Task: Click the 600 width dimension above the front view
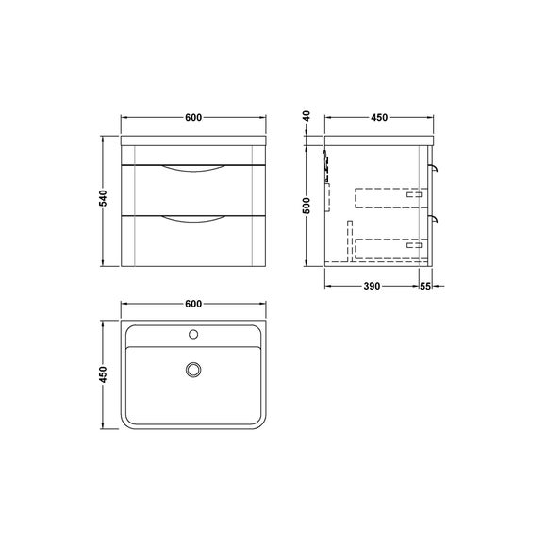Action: click(x=192, y=118)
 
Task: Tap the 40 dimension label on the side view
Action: click(x=307, y=116)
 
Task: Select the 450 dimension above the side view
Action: click(x=379, y=118)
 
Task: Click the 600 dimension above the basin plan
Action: click(x=192, y=304)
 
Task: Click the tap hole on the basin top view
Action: click(x=193, y=333)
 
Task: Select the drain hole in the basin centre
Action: click(x=193, y=371)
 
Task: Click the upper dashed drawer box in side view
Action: click(x=389, y=197)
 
